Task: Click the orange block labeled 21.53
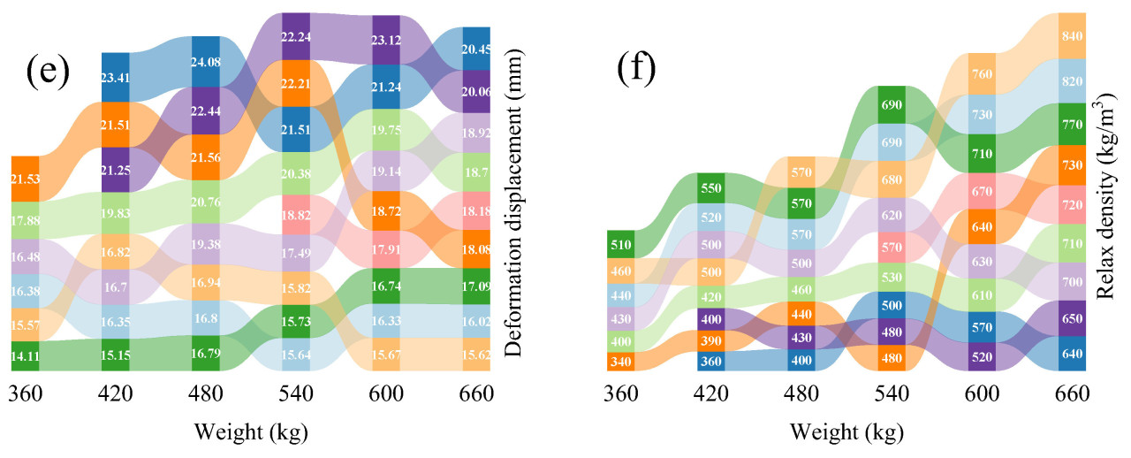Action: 25,179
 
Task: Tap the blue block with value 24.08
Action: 206,62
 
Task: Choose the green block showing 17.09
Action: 476,287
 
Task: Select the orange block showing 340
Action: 621,361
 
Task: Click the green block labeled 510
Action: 621,243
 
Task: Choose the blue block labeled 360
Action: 711,361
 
